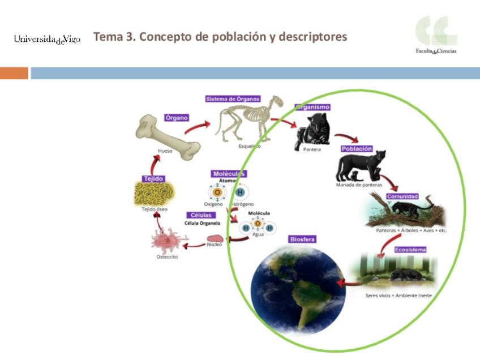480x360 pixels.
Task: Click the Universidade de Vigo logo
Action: tap(47, 39)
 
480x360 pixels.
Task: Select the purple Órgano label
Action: tap(177, 118)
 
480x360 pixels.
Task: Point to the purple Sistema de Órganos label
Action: tap(233, 99)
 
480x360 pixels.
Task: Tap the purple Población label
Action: tap(357, 149)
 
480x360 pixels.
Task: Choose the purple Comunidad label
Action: tap(402, 196)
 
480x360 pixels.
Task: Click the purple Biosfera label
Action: tap(302, 239)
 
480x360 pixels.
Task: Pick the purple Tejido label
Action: tap(153, 178)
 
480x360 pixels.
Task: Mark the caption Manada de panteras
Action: tap(359, 185)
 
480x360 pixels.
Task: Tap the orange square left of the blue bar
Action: tap(14, 74)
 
